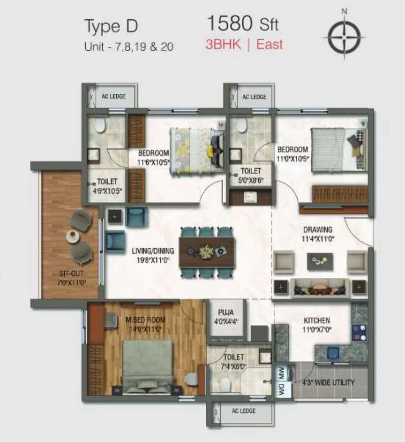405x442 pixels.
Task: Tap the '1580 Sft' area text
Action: (x=243, y=23)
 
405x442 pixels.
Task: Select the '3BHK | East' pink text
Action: (x=244, y=45)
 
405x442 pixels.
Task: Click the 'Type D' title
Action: (x=111, y=26)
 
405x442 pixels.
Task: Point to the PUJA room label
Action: (x=226, y=312)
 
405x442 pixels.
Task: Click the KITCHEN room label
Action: (x=317, y=320)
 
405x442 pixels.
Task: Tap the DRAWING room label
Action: (x=318, y=229)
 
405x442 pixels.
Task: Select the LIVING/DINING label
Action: (x=153, y=251)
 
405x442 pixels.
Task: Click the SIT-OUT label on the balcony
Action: (x=72, y=273)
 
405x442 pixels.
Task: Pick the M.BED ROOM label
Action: (x=145, y=320)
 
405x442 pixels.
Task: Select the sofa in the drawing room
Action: (x=320, y=288)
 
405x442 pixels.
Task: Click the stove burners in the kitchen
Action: (x=360, y=333)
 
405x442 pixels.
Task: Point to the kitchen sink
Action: (x=333, y=353)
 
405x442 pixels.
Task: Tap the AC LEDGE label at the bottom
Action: (x=244, y=411)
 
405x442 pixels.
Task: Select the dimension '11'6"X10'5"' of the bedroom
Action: (x=153, y=162)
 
